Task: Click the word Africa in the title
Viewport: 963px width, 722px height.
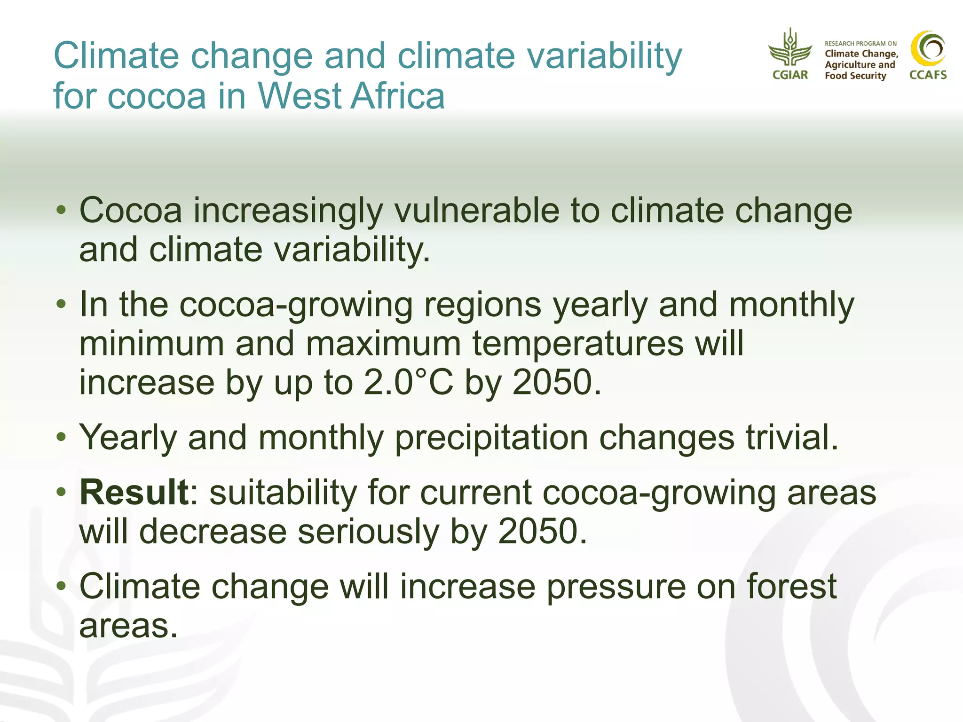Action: (x=398, y=96)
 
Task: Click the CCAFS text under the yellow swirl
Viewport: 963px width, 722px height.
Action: (x=928, y=75)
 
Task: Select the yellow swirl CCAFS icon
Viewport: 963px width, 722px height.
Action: (x=928, y=48)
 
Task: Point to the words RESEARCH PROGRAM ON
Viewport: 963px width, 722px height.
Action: (x=860, y=43)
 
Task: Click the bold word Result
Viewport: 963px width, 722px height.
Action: (x=134, y=492)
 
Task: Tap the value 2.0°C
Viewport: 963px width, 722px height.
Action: (x=408, y=382)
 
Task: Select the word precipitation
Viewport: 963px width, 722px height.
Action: (x=491, y=438)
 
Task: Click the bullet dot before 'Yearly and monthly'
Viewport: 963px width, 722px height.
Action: (x=61, y=438)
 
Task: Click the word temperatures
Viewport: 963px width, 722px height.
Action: (x=577, y=343)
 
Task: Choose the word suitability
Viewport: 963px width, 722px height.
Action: (x=283, y=492)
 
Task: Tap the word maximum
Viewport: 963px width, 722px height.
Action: (x=383, y=343)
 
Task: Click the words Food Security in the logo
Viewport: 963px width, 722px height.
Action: (x=855, y=76)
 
